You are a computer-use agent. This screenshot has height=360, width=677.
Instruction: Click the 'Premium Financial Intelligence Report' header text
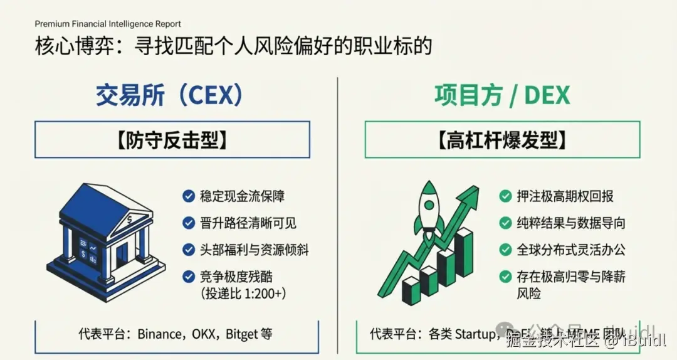pos(108,24)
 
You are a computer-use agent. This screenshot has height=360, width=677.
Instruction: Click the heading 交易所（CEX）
pos(169,95)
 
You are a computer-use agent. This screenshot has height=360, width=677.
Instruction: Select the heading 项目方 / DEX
pos(502,95)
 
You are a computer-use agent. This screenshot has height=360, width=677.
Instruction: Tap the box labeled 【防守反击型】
pos(172,139)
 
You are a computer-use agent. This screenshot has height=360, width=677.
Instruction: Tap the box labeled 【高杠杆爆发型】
pos(502,139)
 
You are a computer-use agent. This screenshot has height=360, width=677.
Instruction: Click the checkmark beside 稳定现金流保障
pos(188,196)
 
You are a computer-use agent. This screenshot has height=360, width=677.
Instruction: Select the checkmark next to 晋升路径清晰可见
pos(188,223)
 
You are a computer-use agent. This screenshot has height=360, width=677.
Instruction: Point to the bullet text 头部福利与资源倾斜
pos(255,249)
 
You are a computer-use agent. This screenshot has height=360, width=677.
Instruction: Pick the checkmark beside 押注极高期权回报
pos(505,196)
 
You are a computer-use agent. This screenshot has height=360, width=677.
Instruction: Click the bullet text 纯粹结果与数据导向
pos(571,223)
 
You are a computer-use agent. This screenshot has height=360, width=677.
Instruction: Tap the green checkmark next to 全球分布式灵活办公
pos(505,249)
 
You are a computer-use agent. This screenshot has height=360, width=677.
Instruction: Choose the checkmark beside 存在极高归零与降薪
pos(505,276)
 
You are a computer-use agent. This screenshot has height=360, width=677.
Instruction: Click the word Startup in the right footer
pos(475,334)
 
